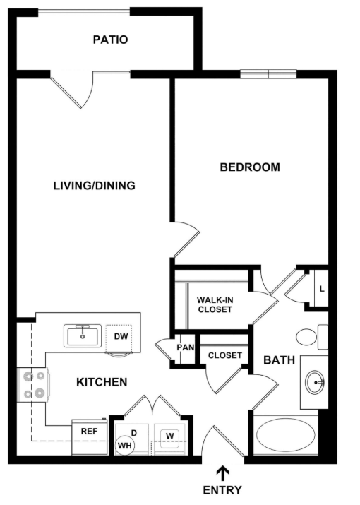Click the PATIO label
(110, 40)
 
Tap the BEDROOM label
(250, 167)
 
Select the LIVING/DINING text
(95, 186)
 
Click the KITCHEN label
(102, 382)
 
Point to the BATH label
(280, 360)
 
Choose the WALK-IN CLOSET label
(215, 304)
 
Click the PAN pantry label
(186, 347)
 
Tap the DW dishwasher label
(121, 336)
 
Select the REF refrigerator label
(89, 432)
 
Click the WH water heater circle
(125, 445)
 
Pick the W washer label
(170, 436)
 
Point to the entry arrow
(222, 474)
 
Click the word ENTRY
(222, 490)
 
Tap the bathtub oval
(286, 436)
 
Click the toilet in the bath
(311, 337)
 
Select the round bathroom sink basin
(314, 383)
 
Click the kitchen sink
(83, 336)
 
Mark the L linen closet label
(322, 289)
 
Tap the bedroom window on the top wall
(268, 74)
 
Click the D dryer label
(134, 433)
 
